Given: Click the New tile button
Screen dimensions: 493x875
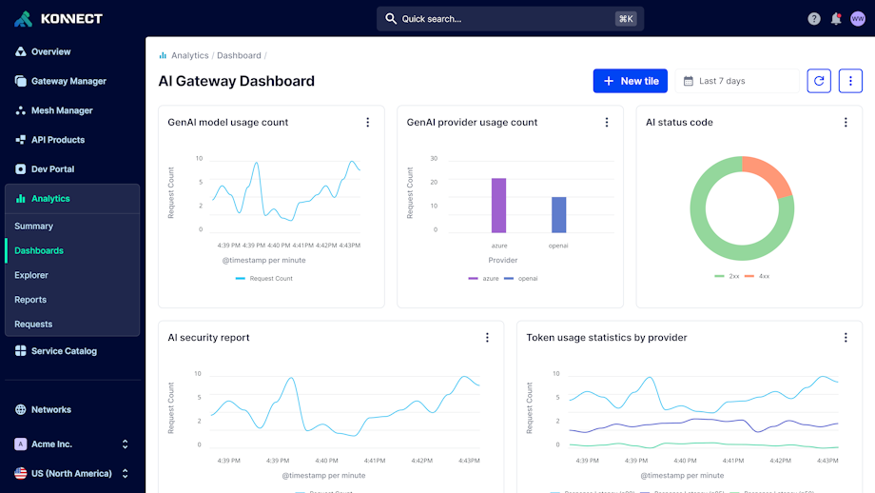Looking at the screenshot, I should (x=630, y=81).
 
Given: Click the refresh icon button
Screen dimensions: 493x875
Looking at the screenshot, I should (x=819, y=81).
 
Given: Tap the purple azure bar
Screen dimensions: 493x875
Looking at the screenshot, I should (x=498, y=205).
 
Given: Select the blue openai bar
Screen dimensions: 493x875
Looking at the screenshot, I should (x=558, y=214).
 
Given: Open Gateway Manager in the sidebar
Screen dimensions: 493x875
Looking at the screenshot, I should (x=68, y=81).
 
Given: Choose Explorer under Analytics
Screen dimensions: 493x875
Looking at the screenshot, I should (x=31, y=275).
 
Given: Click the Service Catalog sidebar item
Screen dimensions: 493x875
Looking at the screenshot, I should (x=64, y=351).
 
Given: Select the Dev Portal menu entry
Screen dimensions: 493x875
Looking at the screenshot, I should (x=52, y=169).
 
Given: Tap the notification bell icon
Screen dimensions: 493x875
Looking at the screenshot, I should (x=836, y=19).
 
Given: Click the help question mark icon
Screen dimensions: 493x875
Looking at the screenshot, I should (x=814, y=19).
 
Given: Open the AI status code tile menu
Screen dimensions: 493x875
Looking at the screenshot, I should (x=846, y=122).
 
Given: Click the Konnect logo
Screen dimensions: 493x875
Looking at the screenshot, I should (x=59, y=19).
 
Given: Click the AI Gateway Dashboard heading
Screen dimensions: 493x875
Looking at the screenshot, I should (x=236, y=81).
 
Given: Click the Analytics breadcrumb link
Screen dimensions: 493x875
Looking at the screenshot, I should (x=189, y=56).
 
